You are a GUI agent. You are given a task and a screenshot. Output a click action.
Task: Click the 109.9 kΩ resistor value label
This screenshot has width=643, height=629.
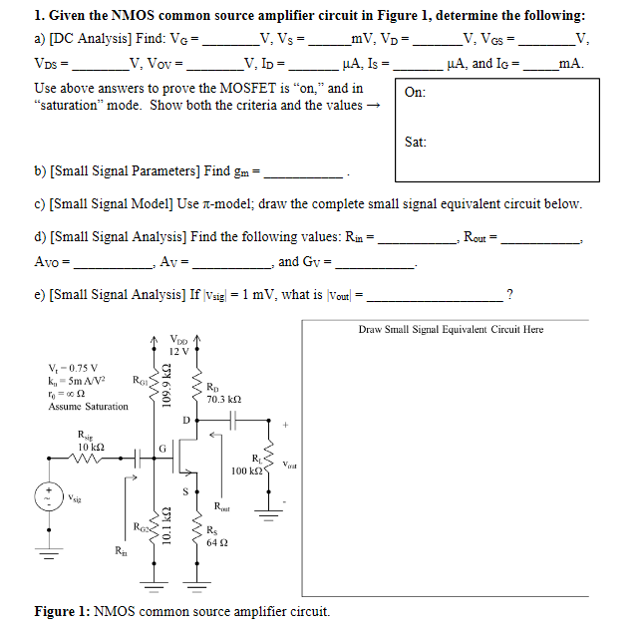[x=168, y=386]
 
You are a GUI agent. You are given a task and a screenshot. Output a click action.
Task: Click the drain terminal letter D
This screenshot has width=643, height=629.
[x=185, y=420]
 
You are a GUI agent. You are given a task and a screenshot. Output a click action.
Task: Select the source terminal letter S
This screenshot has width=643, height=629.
[x=185, y=490]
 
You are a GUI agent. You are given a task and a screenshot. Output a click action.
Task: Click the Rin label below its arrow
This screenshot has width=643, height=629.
[x=122, y=550]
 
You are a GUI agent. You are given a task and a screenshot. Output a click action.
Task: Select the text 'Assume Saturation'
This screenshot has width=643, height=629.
[x=88, y=407]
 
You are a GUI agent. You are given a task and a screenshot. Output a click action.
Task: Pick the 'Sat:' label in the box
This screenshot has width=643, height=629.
[x=416, y=143]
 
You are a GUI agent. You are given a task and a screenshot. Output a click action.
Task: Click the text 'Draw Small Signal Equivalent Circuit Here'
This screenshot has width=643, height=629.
[x=451, y=329]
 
